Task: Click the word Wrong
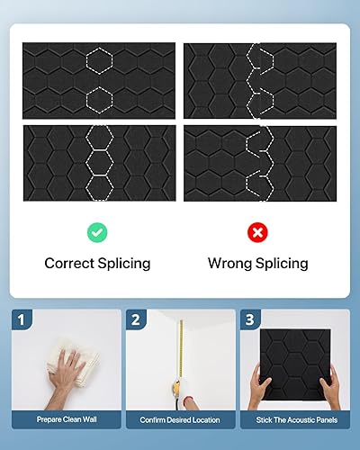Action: pyautogui.click(x=229, y=264)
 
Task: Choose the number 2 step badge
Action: pyautogui.click(x=136, y=319)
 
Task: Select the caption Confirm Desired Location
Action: pyautogui.click(x=179, y=420)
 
